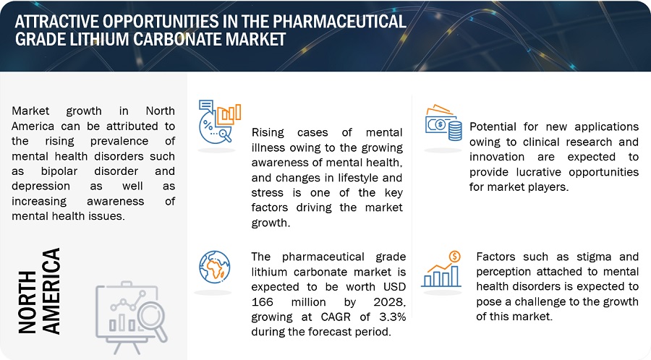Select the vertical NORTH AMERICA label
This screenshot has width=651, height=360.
(39, 291)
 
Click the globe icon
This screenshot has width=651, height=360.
(214, 267)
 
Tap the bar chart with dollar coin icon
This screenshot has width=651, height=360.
(441, 269)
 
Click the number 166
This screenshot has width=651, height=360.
(262, 302)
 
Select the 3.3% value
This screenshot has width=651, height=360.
(392, 317)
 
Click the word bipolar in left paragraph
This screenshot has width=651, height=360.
(59, 171)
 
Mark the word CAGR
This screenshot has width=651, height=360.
(336, 317)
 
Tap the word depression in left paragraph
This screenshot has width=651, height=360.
(41, 187)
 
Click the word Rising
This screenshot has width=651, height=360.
(268, 133)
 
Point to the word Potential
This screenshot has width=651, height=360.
(493, 127)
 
